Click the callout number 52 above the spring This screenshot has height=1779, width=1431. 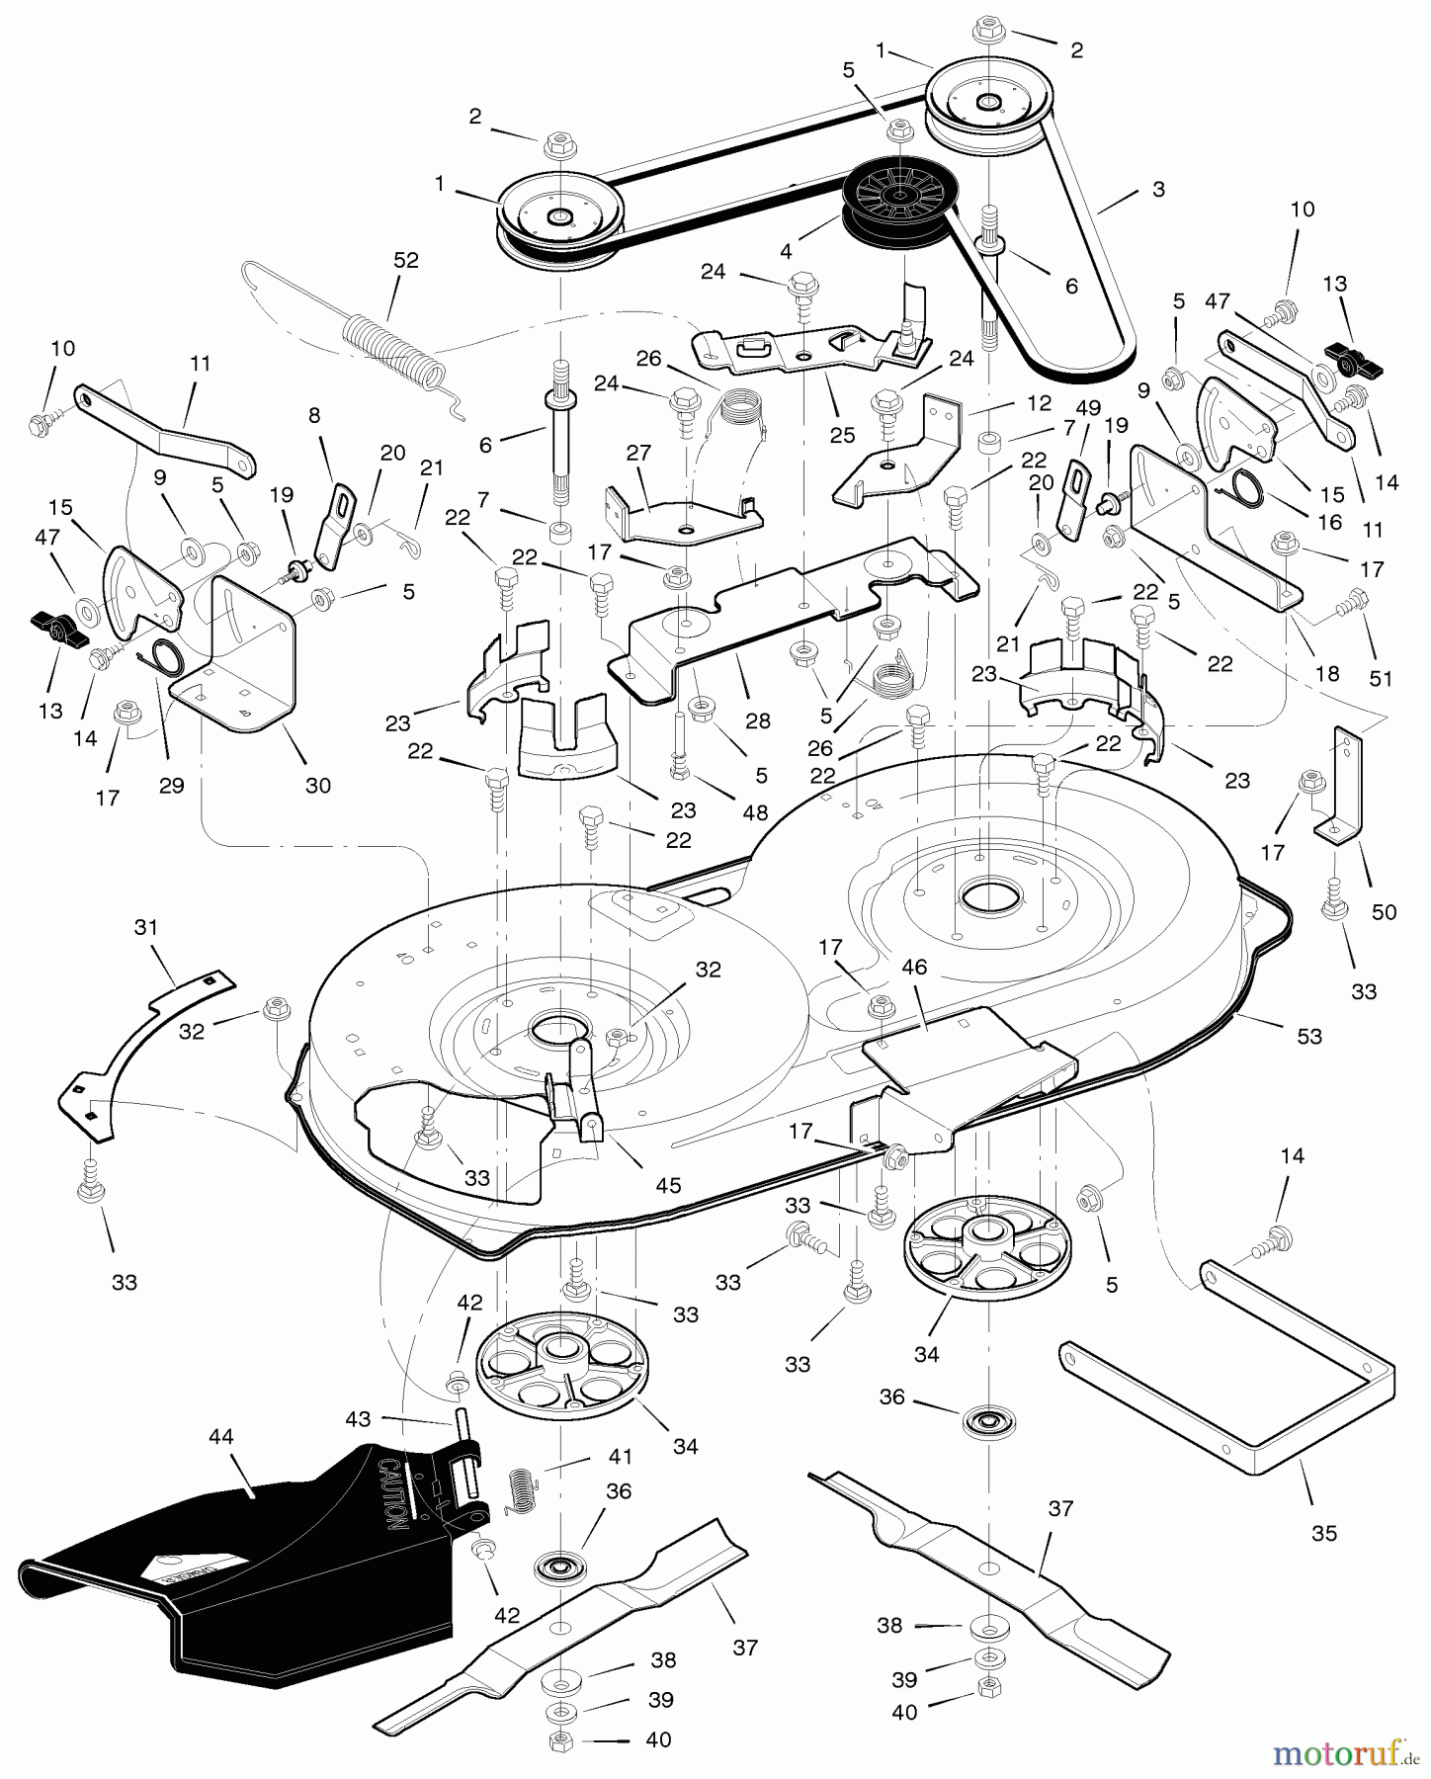click(405, 261)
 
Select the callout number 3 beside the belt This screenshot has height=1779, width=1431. click(1158, 190)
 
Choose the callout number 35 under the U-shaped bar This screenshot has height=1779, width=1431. click(1323, 1533)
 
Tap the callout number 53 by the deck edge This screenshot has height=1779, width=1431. click(1308, 1036)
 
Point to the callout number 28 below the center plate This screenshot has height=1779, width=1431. click(758, 721)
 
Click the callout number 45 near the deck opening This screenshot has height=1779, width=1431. click(668, 1186)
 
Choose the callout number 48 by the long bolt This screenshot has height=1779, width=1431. click(755, 812)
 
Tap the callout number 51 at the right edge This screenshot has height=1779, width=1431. click(1380, 679)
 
